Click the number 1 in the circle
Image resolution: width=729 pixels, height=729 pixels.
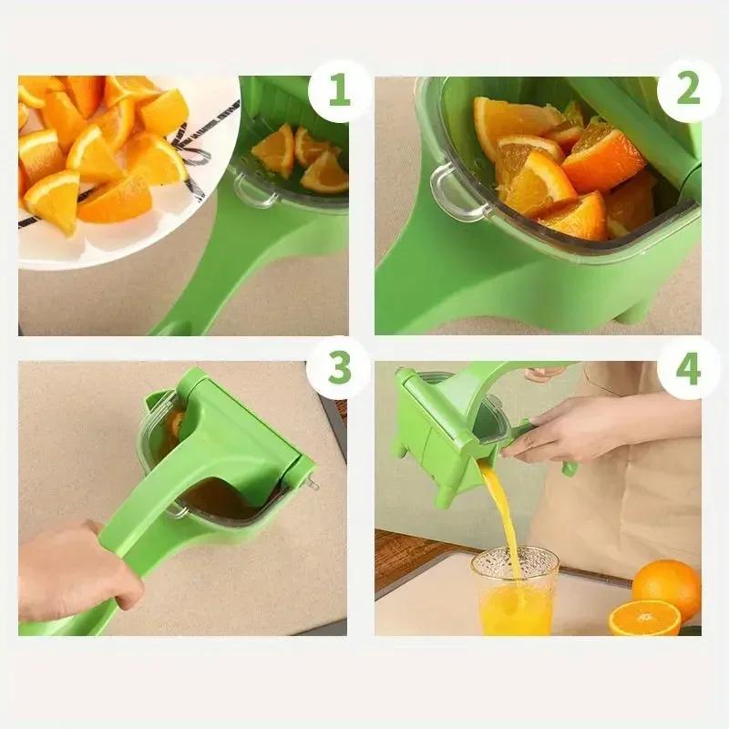pos(338,91)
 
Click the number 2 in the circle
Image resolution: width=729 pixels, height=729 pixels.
pos(688,90)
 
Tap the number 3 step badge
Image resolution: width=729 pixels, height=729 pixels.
pos(338,368)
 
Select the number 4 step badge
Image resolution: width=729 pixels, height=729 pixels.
pos(688,368)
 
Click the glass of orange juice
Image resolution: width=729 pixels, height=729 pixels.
pos(515,592)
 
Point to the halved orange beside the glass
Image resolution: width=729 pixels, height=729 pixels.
pos(644,617)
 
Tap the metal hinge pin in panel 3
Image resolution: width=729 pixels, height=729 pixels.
pos(313,483)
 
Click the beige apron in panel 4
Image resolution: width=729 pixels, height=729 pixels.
pos(629,510)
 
